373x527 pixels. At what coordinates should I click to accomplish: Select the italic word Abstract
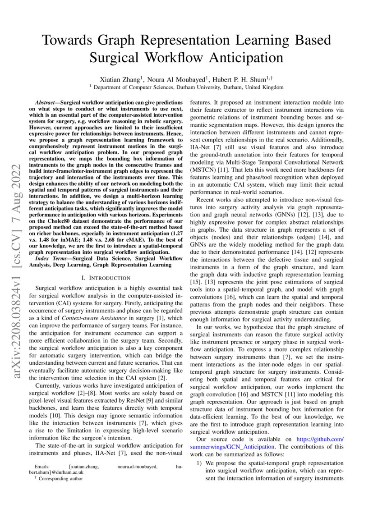click(x=47, y=103)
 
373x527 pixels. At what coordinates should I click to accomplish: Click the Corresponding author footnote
click(x=61, y=479)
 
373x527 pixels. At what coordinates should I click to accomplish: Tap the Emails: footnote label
click(x=44, y=467)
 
